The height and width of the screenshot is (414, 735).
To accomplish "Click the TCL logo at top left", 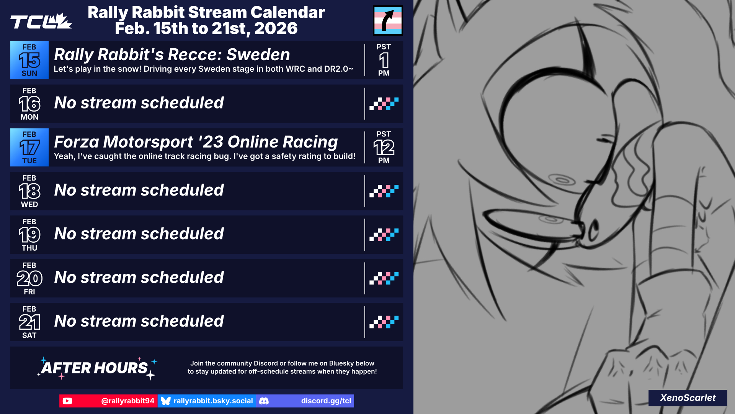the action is [41, 21].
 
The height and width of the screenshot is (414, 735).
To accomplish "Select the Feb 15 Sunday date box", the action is [29, 60].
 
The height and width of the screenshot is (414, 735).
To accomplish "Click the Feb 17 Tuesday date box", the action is [29, 148].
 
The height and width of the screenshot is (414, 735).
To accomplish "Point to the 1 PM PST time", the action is [384, 60].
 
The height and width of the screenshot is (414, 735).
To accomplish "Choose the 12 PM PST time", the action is [384, 148].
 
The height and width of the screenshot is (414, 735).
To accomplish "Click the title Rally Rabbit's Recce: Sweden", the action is [172, 54].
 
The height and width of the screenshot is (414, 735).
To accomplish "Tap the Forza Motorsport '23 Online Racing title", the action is [196, 142].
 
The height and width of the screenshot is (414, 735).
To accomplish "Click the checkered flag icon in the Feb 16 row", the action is [384, 104].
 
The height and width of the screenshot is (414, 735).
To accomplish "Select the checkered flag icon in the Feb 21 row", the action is [384, 322].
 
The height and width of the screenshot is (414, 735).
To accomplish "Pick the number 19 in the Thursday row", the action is [29, 235].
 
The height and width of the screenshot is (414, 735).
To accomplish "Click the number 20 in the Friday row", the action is [29, 279].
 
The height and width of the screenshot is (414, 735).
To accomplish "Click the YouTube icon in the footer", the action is [67, 401].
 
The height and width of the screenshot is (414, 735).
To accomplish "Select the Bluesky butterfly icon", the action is [166, 401].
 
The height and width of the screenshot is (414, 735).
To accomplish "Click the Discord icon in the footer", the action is [264, 401].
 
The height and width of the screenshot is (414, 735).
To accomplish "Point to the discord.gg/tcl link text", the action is [326, 401].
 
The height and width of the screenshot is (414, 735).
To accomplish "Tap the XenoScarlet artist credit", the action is [688, 398].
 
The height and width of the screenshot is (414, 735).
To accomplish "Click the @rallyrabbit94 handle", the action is [128, 401].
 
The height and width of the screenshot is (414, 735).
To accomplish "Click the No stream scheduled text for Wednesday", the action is [139, 190].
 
